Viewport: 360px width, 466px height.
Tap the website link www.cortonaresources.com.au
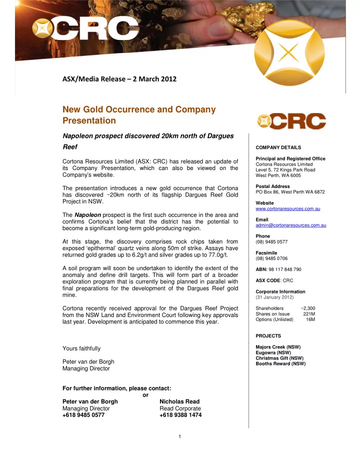[287, 208]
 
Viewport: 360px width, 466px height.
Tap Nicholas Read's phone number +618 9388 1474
[180, 415]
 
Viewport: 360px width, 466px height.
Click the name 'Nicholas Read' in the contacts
[179, 401]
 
